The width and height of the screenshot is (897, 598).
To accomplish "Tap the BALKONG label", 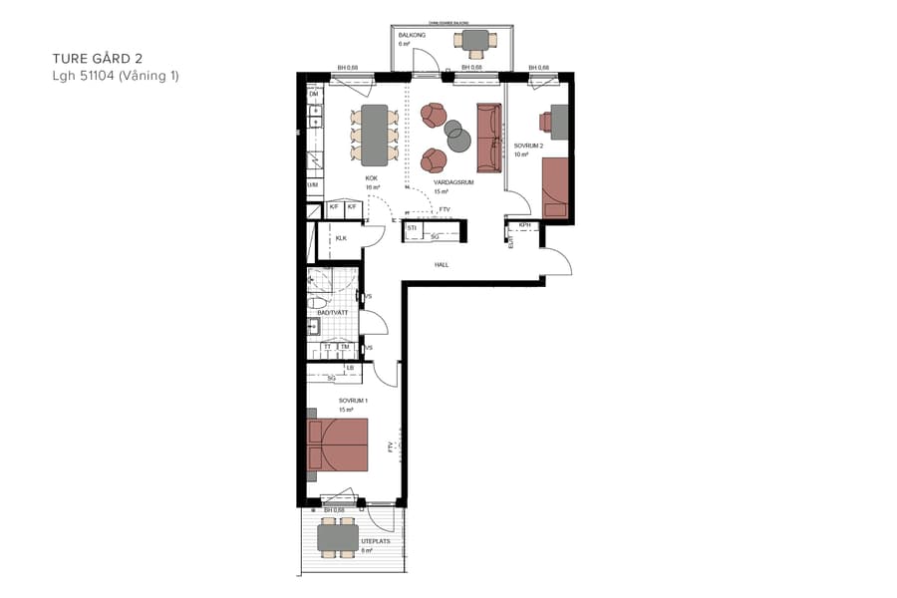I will pos(411,35).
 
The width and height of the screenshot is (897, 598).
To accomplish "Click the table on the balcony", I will pos(473,40).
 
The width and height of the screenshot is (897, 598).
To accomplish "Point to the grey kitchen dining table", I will pos(375,136).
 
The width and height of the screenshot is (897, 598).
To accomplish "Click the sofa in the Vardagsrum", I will pos(489,137).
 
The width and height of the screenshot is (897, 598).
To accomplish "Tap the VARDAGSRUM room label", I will pos(453,183).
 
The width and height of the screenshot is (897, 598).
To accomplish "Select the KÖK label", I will pos(371,178).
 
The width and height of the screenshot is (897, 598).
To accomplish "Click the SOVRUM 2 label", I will pos(527,146).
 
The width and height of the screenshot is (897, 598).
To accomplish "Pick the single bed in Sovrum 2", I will pos(555,187).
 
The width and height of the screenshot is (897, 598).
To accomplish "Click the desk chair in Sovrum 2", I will pos(545,122).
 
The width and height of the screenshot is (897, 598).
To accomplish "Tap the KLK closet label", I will pos(341,238).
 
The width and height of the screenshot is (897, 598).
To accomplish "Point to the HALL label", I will pos(441,265).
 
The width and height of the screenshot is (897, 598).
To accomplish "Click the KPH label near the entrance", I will pos(525,226).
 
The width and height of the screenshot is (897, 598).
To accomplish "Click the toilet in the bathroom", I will pos(317,302).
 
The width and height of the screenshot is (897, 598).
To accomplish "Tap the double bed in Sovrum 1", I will pos(339,445).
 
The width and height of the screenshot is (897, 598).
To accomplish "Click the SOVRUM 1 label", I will pos(353,401).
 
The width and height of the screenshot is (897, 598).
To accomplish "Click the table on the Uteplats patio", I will pos(338,538).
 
